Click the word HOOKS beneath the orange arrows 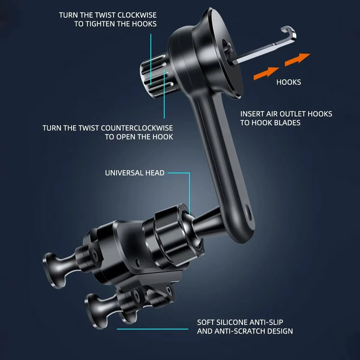tap(288, 82)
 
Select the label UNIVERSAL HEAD tap(135, 173)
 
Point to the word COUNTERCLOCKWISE tap(137, 128)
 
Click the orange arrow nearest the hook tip tap(297, 58)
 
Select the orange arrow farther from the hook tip tap(266, 73)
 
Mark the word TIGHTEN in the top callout tap(100, 24)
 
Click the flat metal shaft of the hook tap(258, 51)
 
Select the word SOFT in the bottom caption tap(205, 322)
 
